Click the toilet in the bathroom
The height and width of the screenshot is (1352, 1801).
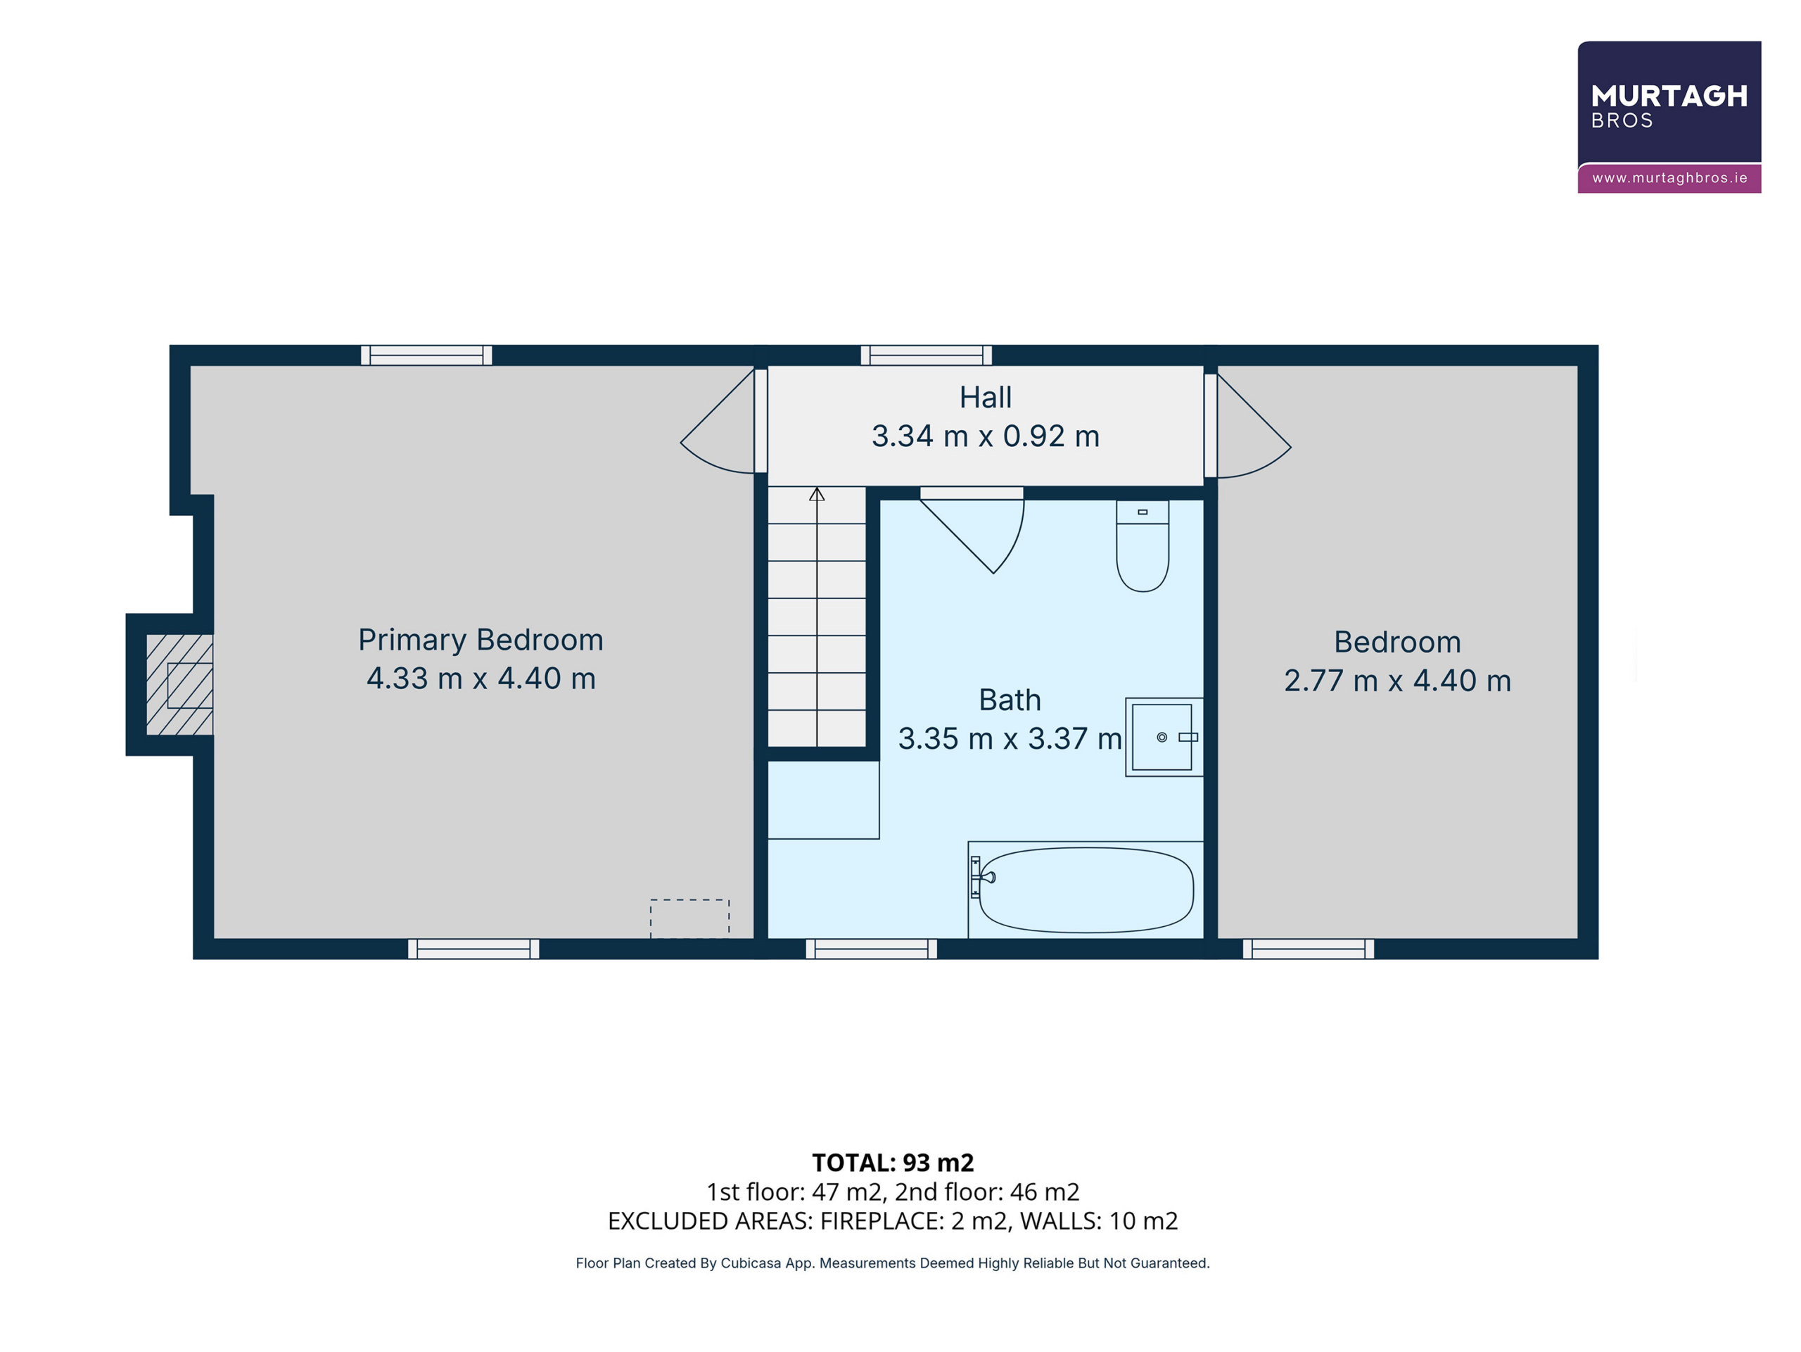[1143, 545]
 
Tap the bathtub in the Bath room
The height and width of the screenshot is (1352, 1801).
[1086, 890]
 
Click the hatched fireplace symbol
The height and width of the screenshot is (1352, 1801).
[179, 685]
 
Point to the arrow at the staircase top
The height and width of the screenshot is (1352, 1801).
[817, 493]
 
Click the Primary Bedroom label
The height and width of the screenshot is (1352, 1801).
[481, 640]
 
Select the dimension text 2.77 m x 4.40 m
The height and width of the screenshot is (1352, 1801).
[1397, 681]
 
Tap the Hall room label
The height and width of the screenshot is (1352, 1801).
[985, 398]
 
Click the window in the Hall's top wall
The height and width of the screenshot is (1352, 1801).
[927, 355]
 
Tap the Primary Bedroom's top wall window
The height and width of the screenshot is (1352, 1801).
[426, 355]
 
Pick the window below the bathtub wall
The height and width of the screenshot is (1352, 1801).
[871, 949]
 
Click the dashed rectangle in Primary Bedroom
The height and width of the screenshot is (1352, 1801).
[689, 918]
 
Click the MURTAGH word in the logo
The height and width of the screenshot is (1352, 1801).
[1669, 96]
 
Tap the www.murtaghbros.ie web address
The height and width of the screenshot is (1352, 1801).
[1670, 177]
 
